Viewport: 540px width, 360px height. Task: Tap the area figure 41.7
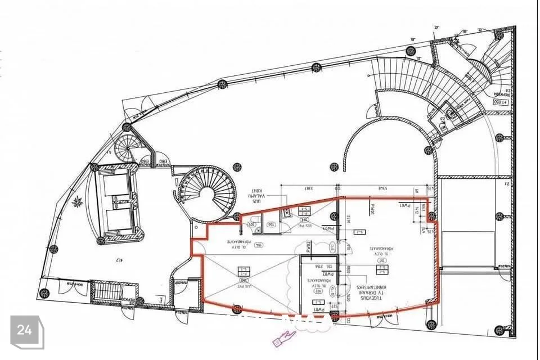pyautogui.click(x=119, y=259)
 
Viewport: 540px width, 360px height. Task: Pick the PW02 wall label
pyautogui.click(x=309, y=246)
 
